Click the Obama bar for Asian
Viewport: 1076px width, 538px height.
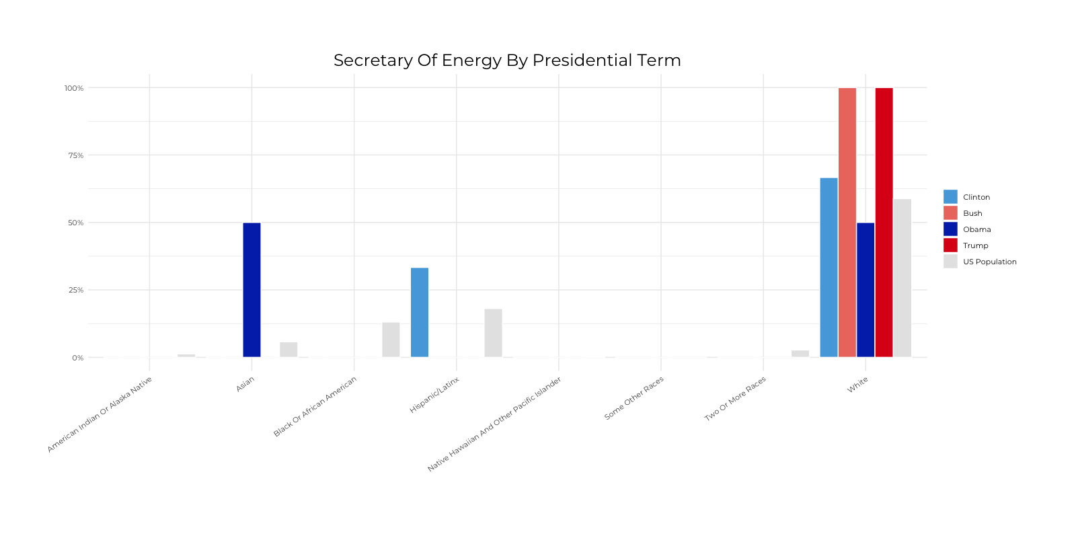252,290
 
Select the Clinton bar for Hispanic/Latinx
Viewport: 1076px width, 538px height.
420,313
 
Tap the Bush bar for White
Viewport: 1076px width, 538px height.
847,223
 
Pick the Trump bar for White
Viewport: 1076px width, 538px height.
884,223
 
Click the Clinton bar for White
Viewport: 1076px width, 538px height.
829,268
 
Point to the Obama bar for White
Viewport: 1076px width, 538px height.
866,290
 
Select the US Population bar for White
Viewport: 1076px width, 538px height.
902,278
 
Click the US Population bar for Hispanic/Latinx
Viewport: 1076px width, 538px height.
493,333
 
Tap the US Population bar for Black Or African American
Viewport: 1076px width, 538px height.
391,340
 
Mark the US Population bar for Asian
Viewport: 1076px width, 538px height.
289,350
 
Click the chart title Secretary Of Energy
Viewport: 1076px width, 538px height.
507,61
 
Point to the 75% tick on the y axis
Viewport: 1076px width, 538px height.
75,155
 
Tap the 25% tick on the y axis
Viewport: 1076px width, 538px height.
75,290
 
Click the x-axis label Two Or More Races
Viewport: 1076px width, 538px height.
735,399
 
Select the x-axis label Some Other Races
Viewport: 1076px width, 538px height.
633,398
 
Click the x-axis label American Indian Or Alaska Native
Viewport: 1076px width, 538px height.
100,414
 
